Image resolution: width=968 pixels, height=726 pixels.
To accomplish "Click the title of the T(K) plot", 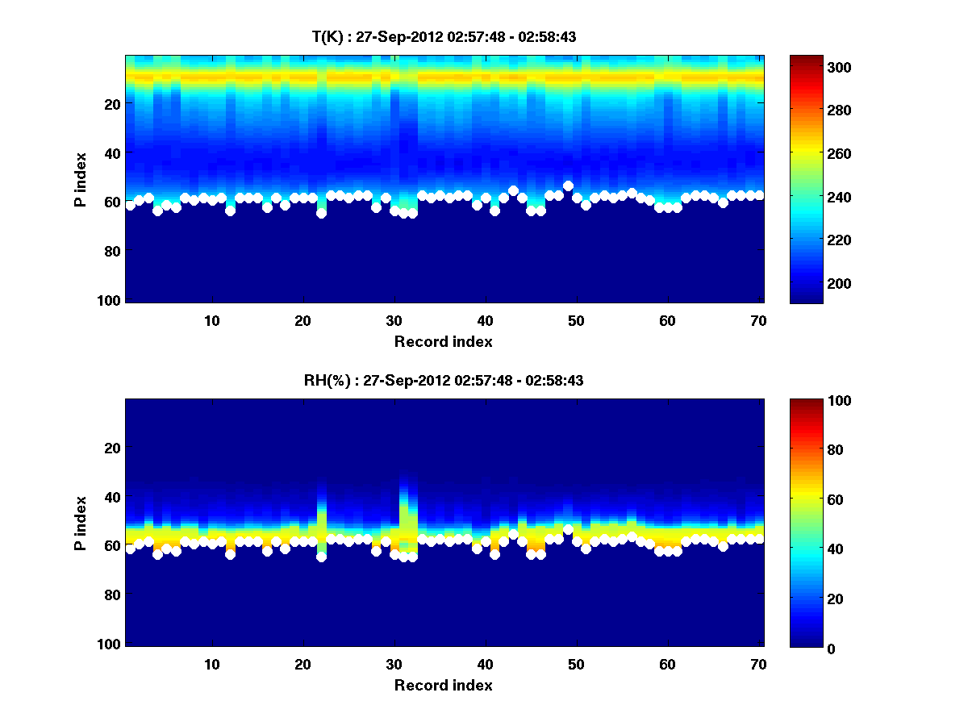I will [x=444, y=36].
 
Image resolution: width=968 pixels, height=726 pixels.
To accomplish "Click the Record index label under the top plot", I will [x=444, y=341].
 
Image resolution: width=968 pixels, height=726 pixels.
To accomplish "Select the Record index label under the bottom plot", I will [x=444, y=685].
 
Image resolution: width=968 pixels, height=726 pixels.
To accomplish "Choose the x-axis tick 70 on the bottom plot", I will [x=758, y=664].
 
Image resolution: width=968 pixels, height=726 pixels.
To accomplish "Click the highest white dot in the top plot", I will [x=568, y=186].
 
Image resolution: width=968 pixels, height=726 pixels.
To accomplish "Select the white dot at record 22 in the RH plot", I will [x=321, y=557].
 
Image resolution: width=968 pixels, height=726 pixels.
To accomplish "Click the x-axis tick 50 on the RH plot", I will [x=576, y=664].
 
